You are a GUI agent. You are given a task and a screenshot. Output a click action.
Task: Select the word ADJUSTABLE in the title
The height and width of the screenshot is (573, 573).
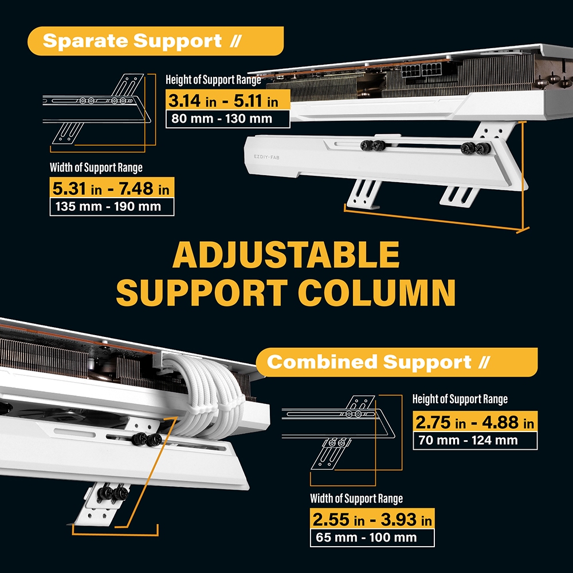286,256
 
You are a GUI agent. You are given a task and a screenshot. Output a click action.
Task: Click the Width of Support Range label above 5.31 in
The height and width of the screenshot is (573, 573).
96,168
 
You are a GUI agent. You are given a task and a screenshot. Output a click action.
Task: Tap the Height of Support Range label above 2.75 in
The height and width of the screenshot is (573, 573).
460,399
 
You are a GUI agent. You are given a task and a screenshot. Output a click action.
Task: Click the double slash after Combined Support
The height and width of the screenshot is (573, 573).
483,362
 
